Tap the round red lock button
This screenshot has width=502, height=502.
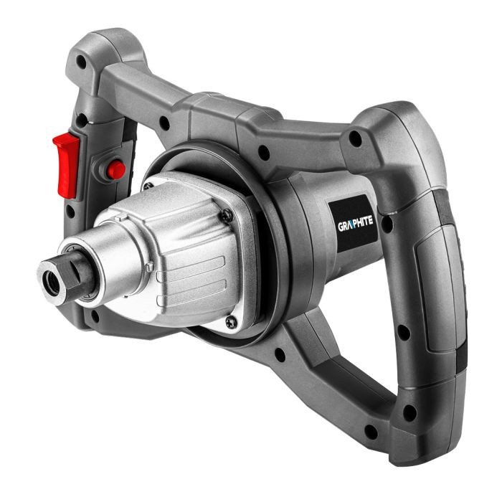pyautogui.click(x=115, y=170)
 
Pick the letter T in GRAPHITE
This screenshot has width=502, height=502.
pyautogui.click(x=366, y=223)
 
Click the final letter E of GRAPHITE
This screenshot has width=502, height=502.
pyautogui.click(x=371, y=222)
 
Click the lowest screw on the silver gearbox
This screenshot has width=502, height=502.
pyautogui.click(x=229, y=323)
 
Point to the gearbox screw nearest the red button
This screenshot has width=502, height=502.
pyautogui.click(x=148, y=186)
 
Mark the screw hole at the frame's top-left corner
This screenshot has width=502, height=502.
pyautogui.click(x=81, y=63)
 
